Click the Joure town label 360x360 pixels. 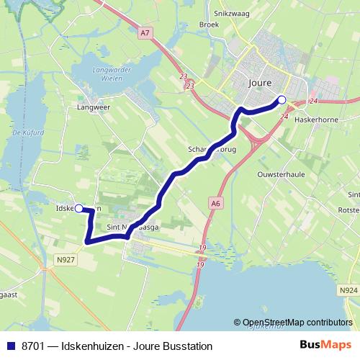258,83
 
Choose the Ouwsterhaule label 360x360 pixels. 278,175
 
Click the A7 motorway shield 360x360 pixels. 146,32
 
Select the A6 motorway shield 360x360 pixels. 216,204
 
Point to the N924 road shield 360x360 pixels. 348,291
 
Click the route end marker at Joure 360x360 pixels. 282,100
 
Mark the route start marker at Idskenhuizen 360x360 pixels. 78,209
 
